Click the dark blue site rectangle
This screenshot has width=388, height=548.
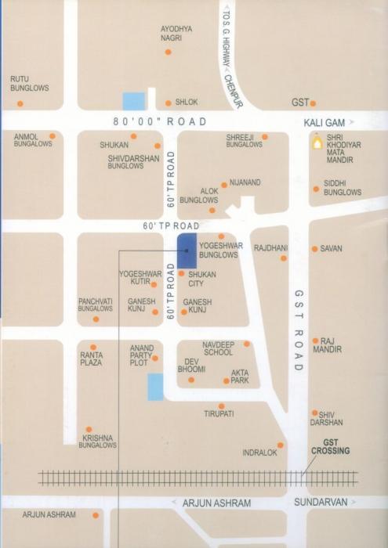point(187,250)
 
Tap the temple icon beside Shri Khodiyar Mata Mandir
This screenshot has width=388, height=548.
point(317,142)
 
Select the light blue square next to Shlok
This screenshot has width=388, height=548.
point(134,101)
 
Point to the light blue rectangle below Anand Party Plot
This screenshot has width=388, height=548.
point(156,387)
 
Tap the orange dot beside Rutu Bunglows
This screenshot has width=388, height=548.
point(20,103)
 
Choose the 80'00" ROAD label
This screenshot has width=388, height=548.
point(159,121)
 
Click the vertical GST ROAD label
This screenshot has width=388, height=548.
point(299,330)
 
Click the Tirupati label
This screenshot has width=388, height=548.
point(219,413)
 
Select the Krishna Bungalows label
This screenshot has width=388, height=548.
point(99,441)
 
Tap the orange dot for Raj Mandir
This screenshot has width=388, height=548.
point(315,341)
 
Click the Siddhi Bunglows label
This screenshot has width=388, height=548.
point(343,187)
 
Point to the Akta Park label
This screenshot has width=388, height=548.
point(240,376)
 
